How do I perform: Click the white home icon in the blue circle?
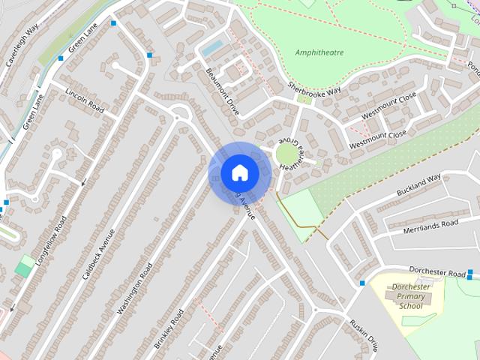tap(239, 173)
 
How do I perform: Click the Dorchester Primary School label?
tap(411, 296)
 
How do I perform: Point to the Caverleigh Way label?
tap(22, 46)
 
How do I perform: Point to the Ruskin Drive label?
tap(364, 334)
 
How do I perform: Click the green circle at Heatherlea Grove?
tap(286, 155)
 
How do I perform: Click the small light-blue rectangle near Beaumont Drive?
tap(212, 48)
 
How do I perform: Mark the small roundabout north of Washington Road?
tap(178, 115)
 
